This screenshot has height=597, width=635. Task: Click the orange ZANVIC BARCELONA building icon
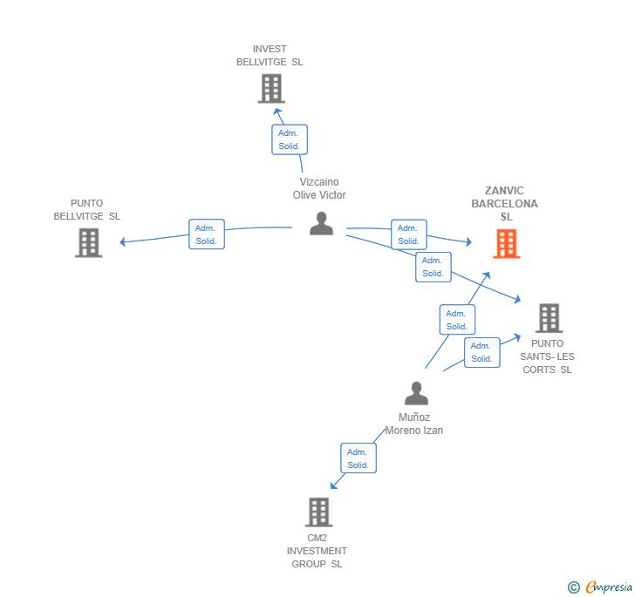506,244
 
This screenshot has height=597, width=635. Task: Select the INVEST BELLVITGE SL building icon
271,88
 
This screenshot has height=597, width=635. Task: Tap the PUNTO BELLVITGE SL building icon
88,243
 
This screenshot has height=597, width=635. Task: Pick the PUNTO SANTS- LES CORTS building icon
549,318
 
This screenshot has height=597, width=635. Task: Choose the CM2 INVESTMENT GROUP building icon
319,512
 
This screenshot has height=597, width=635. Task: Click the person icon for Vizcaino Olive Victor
321,223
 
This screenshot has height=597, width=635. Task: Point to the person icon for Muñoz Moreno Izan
416,394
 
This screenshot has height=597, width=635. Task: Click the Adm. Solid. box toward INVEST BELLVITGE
289,139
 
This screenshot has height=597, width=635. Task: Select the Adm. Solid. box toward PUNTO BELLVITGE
207,234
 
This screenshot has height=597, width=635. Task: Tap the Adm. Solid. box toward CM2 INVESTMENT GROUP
358,458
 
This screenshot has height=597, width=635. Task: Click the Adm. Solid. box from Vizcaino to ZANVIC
408,234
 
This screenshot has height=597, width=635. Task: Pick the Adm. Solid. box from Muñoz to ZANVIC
457,320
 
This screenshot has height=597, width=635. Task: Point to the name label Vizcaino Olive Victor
319,189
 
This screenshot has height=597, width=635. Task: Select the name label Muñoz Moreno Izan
414,424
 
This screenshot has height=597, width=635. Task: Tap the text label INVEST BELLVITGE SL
270,56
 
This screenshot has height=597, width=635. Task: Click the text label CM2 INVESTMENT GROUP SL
317,551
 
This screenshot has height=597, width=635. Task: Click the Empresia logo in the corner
609,587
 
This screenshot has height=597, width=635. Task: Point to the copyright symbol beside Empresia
574,587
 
